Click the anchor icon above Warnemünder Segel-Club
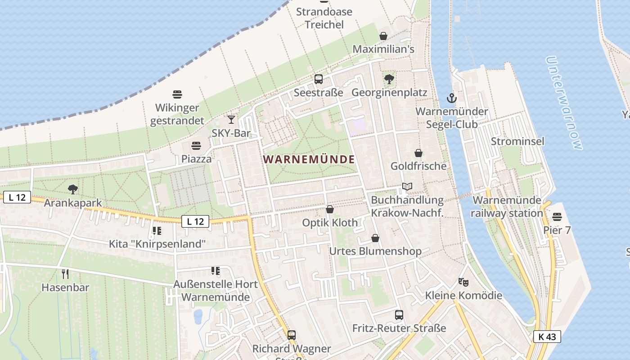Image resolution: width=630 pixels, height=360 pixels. click(x=451, y=98)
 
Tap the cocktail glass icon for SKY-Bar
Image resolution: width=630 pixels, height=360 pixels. click(x=231, y=119)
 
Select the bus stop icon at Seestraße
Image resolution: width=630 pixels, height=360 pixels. click(x=319, y=79)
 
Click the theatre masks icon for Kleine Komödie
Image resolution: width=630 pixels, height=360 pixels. click(x=463, y=282)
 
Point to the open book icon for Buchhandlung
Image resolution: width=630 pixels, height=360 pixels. click(x=407, y=186)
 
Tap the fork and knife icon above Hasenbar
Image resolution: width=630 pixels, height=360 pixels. click(x=65, y=274)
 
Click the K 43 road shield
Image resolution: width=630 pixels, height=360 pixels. click(x=547, y=337)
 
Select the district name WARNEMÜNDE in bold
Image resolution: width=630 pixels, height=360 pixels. click(x=309, y=159)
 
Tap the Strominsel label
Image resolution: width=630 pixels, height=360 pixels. click(x=517, y=141)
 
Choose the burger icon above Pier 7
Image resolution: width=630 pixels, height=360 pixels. click(x=557, y=217)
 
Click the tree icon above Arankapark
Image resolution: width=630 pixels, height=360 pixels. click(x=72, y=189)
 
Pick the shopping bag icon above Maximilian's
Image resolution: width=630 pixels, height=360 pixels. click(x=383, y=36)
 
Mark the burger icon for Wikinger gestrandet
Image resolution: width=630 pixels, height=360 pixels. click(x=177, y=94)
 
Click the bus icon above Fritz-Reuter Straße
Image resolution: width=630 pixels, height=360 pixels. click(x=399, y=315)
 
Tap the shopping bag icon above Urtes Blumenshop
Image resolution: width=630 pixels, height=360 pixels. click(x=375, y=238)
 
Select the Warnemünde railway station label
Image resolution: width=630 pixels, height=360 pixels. click(x=507, y=207)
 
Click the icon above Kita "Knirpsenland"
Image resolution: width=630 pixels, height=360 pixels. click(x=157, y=231)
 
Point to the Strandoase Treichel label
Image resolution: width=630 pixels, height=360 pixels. click(x=324, y=18)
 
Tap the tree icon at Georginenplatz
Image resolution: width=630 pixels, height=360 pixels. click(x=389, y=79)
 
